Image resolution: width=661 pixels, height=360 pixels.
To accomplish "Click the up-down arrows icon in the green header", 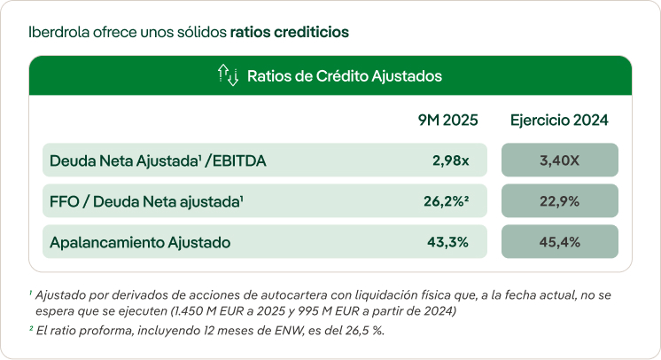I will coord(228,76).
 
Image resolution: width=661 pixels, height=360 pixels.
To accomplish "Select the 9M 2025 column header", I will coord(447,121).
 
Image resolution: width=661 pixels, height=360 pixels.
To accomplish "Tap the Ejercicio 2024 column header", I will coord(559,121).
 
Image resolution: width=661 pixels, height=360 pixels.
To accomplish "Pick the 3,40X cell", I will coord(559,160).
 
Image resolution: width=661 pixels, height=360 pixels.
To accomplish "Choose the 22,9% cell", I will coord(559,201).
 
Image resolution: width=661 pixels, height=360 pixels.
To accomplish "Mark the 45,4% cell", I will coord(559,241).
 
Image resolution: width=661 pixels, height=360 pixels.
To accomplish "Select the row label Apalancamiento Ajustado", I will coord(140,241).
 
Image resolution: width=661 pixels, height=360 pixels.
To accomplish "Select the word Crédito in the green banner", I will coord(340,76).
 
